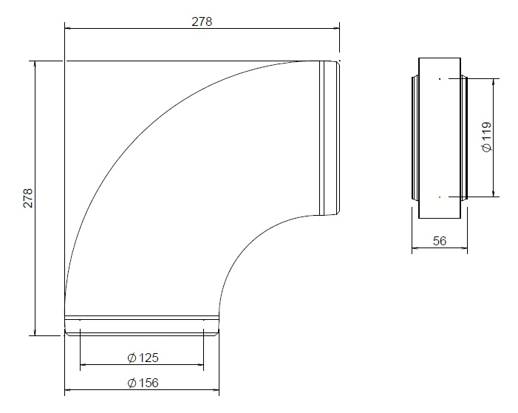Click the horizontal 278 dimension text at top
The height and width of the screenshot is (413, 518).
202,21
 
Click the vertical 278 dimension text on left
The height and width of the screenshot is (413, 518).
28,198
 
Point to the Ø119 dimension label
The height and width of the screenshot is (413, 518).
486,137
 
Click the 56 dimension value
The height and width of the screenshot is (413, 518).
439,241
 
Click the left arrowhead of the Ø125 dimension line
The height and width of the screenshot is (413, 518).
84,365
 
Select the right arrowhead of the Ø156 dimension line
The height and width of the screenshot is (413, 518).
217,390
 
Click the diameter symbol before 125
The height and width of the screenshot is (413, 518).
131,358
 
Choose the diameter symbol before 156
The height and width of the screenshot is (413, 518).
131,383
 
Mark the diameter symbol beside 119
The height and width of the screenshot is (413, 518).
486,148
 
